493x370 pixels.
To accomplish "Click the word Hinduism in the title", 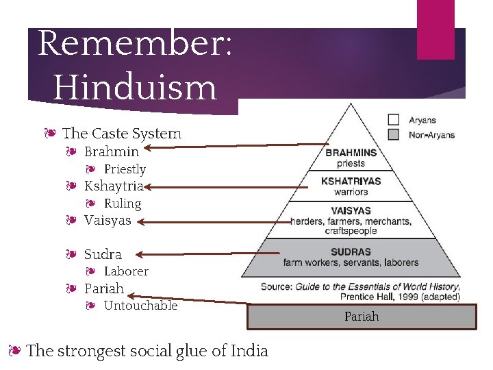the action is tap(135, 87).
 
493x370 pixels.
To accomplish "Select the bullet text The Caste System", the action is tap(122, 134).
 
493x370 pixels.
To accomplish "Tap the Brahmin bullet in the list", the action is tap(112, 151).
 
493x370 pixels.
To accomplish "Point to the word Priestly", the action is tap(125, 169).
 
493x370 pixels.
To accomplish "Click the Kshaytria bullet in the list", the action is tap(114, 186).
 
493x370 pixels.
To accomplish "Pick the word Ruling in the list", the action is tap(123, 203).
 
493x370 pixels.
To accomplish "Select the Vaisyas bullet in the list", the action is tap(108, 221).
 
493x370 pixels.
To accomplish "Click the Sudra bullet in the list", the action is tap(103, 254).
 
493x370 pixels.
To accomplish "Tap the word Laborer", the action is tap(126, 271).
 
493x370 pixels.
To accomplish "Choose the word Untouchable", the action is tap(140, 306).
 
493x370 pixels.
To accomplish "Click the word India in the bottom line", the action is tap(249, 351).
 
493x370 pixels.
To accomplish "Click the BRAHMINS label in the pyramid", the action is tap(351, 153).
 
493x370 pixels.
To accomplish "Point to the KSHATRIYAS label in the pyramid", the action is tap(351, 182).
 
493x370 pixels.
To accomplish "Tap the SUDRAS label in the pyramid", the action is tap(351, 251).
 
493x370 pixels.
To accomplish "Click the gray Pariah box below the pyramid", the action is tap(362, 317).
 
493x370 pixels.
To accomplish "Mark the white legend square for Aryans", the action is tap(394, 119).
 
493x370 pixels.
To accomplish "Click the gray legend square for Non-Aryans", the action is tap(394, 134).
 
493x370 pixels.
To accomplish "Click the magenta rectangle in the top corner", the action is tap(435, 29).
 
